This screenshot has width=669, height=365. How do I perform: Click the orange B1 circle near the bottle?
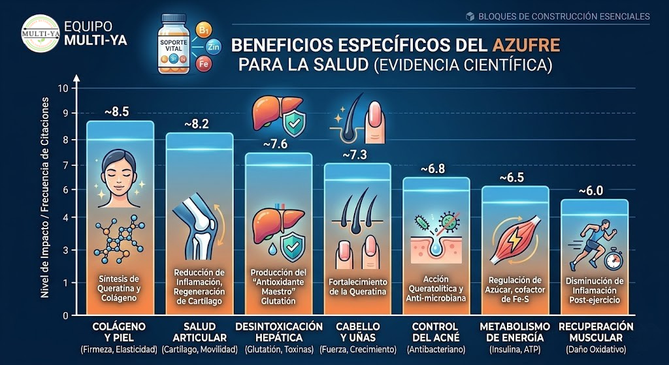(204, 30)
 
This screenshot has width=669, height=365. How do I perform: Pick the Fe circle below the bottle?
(203, 65)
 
